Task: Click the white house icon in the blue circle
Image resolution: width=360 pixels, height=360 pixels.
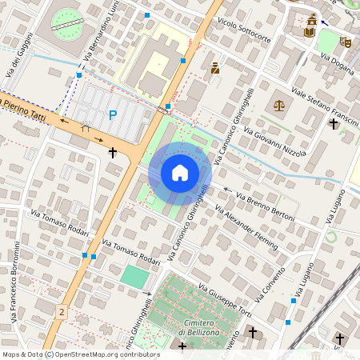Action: (x=180, y=173)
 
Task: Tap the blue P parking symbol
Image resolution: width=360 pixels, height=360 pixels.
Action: (x=112, y=115)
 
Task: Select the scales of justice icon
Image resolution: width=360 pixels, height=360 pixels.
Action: (x=278, y=104)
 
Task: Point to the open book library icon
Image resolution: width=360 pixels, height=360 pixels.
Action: (x=309, y=32)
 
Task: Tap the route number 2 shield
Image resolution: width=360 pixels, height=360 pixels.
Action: (x=61, y=310)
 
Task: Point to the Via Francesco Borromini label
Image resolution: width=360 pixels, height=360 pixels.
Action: (x=14, y=281)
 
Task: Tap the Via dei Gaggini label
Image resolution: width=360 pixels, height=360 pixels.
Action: (x=19, y=55)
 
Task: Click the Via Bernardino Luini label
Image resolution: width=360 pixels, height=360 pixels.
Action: (x=96, y=35)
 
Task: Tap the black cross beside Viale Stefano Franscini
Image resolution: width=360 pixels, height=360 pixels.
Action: (x=334, y=123)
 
